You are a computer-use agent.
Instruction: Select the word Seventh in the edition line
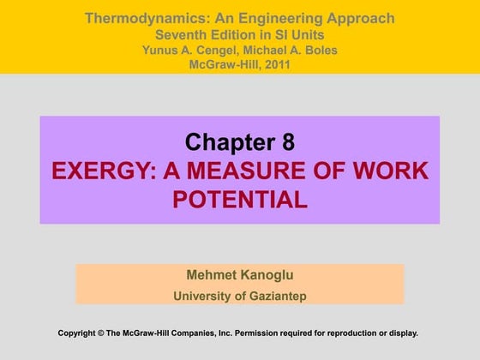(182, 34)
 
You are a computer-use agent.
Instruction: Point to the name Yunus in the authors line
(160, 50)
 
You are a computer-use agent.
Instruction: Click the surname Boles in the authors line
(318, 50)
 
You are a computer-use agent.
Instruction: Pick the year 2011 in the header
(273, 64)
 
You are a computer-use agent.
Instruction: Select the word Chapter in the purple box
(229, 141)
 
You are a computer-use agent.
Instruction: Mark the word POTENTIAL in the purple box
(239, 200)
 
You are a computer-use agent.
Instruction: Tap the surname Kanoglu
(266, 275)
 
